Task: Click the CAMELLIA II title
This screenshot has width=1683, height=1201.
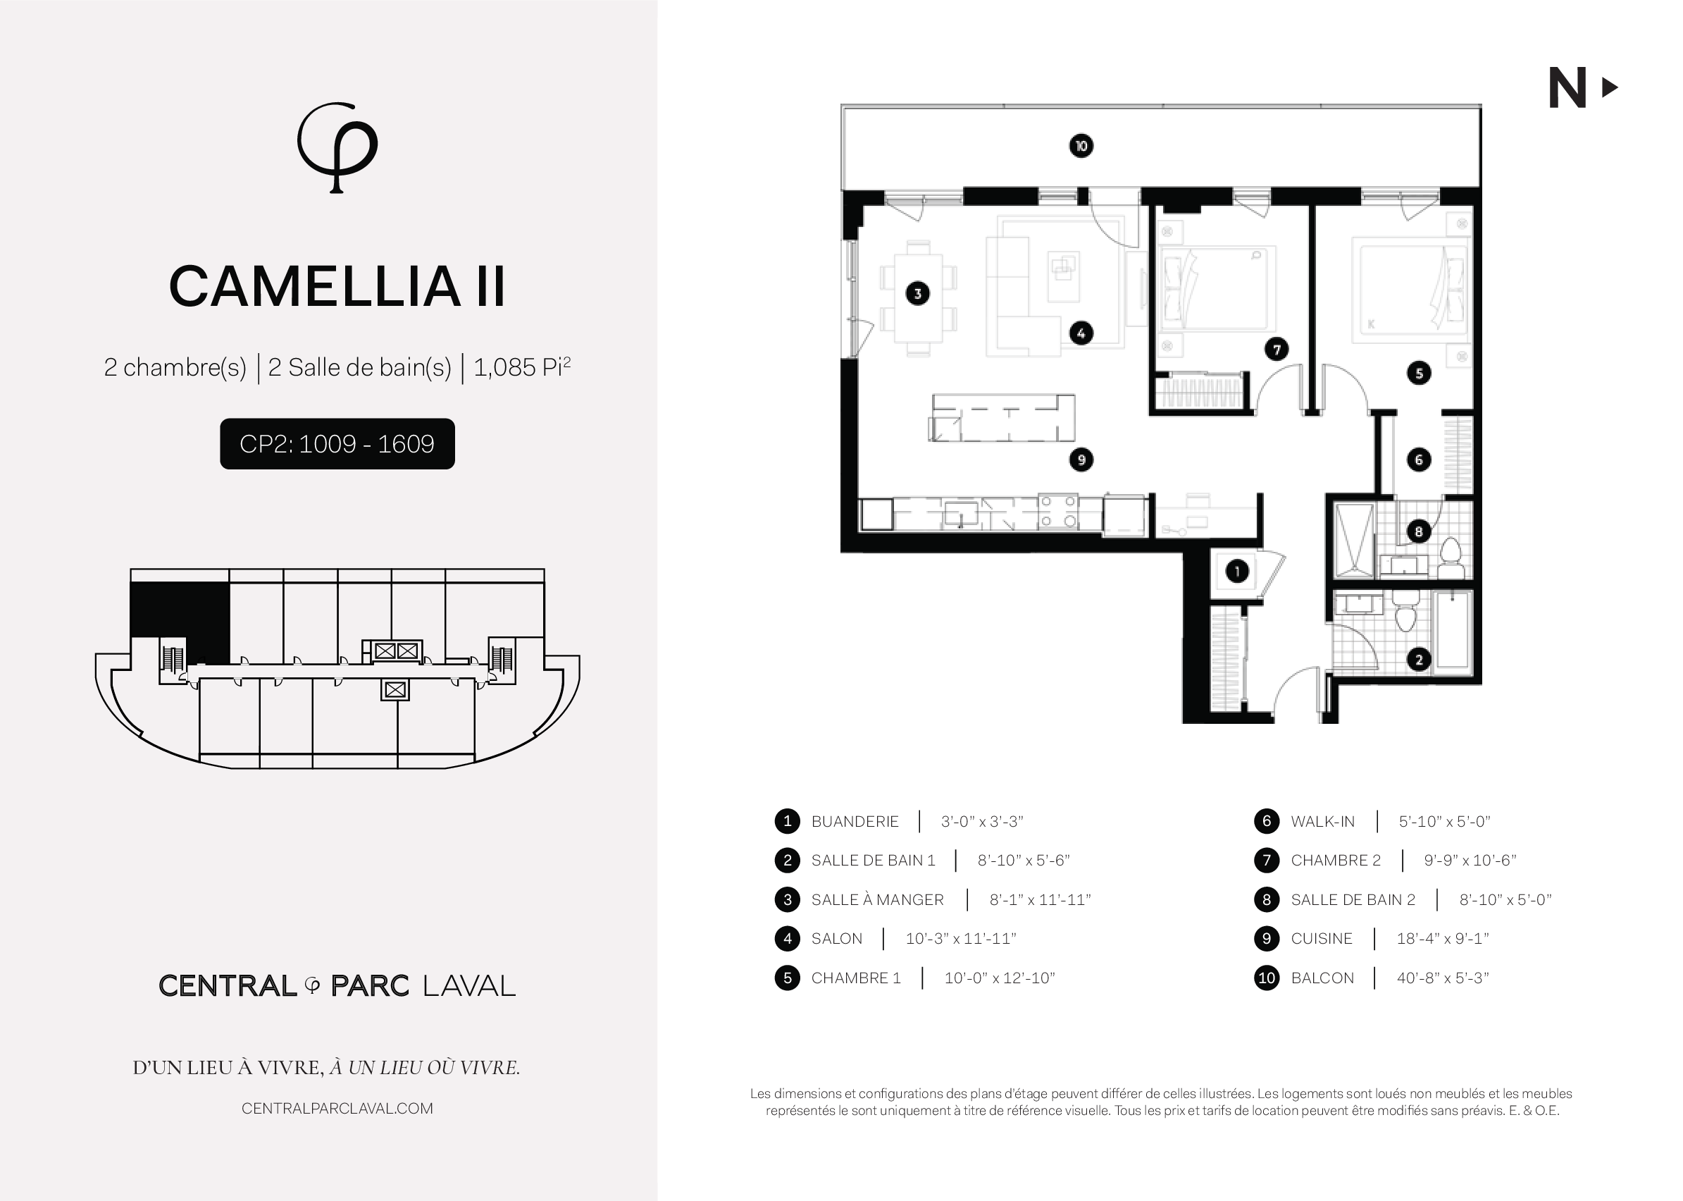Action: (x=337, y=286)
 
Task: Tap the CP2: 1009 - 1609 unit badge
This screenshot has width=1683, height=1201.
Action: (x=337, y=444)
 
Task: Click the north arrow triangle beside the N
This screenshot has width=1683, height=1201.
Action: (x=1609, y=88)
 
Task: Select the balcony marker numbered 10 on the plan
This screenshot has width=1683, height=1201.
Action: (x=1081, y=146)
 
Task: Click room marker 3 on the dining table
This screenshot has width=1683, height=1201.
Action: (x=917, y=294)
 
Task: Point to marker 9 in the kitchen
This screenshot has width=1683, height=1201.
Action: (x=1081, y=460)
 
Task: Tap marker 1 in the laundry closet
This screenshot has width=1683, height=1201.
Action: (x=1237, y=571)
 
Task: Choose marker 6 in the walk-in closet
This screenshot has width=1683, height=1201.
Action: (x=1418, y=460)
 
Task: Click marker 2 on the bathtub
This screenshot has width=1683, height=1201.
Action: (x=1418, y=659)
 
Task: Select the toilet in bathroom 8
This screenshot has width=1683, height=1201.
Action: (x=1451, y=558)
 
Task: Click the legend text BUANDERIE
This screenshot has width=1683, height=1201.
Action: (x=855, y=822)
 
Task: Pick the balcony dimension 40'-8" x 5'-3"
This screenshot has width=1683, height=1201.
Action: (x=1443, y=978)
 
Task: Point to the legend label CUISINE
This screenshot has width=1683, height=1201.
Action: (x=1322, y=939)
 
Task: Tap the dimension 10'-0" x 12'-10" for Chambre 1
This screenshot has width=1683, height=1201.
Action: (x=1000, y=978)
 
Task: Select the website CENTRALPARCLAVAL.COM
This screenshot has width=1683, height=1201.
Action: (x=337, y=1109)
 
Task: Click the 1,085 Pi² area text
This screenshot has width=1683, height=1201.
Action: (x=522, y=367)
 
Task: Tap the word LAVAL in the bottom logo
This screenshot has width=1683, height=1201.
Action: (x=469, y=986)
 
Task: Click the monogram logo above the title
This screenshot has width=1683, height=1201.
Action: (x=337, y=147)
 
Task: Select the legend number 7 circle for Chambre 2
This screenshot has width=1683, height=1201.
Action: (x=1267, y=860)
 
